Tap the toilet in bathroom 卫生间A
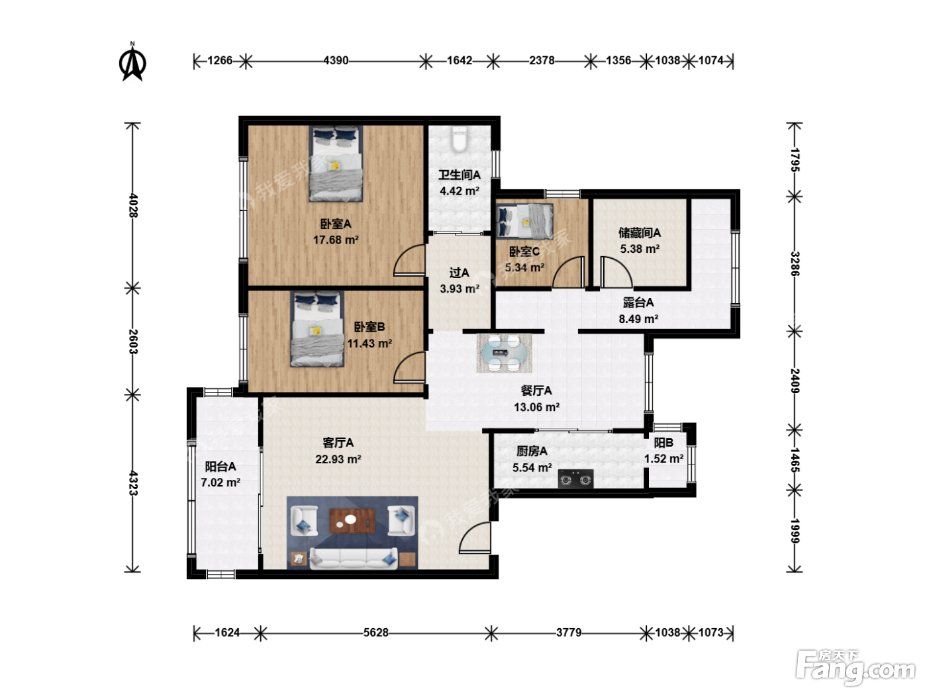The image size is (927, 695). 459,138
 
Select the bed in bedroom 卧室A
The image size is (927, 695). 336,163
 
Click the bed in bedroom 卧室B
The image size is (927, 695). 317,329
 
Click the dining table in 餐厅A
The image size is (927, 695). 504,353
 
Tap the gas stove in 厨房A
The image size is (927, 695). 575,479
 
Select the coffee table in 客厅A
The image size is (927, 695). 352,521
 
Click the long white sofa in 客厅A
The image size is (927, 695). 354,558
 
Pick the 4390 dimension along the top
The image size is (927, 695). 336,61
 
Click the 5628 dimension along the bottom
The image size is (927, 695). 376,633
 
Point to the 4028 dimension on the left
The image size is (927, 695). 132,205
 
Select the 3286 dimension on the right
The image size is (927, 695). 795,263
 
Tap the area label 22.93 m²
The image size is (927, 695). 338,459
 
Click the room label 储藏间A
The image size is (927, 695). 640,232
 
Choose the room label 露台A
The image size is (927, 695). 638,302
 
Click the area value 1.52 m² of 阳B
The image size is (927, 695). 663,459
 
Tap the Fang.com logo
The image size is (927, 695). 855,667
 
